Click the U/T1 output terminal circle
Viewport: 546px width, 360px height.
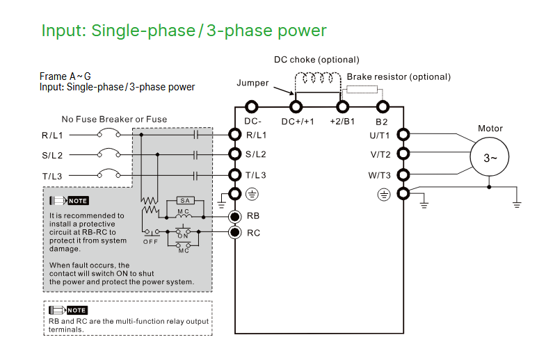click(x=402, y=135)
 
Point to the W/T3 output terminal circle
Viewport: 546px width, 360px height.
click(x=402, y=175)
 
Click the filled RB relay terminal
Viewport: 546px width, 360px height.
click(x=235, y=215)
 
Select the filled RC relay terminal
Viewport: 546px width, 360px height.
click(x=235, y=232)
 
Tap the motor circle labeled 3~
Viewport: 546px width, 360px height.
click(x=490, y=158)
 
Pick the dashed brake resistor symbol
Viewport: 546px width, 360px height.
click(x=361, y=89)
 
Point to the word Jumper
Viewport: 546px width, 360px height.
click(x=252, y=83)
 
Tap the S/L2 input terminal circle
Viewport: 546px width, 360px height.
click(x=235, y=154)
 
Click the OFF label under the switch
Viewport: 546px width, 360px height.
click(x=150, y=241)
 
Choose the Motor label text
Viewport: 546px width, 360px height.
click(x=490, y=129)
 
